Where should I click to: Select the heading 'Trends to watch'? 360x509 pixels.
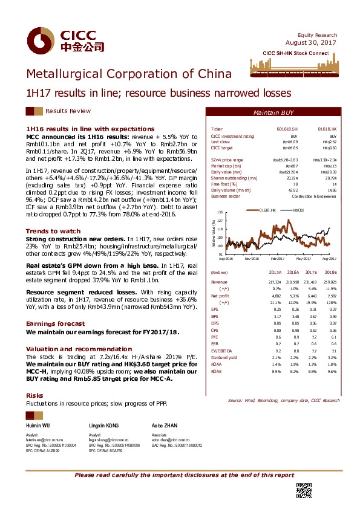(x=53, y=231)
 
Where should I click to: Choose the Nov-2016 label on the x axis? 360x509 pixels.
(x=253, y=258)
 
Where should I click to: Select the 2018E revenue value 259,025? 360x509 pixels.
(x=329, y=282)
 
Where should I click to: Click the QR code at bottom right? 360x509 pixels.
(x=303, y=491)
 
